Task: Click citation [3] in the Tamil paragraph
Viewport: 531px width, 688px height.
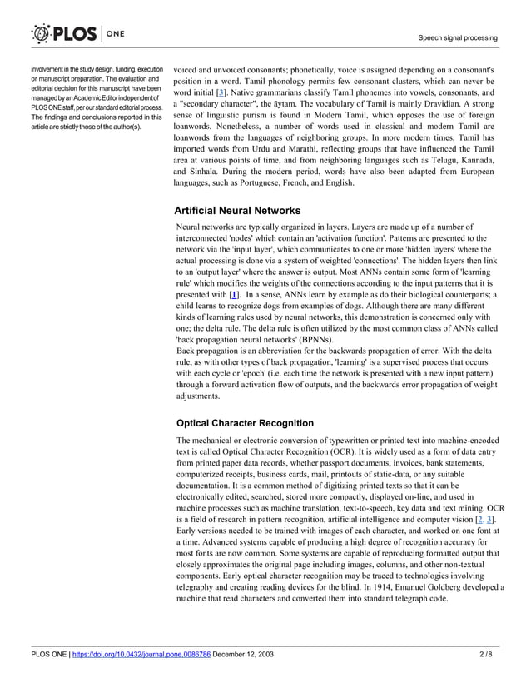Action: click(x=221, y=92)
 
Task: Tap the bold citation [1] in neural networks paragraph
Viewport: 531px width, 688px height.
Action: click(x=234, y=295)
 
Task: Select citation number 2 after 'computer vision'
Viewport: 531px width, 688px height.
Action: click(x=479, y=520)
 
